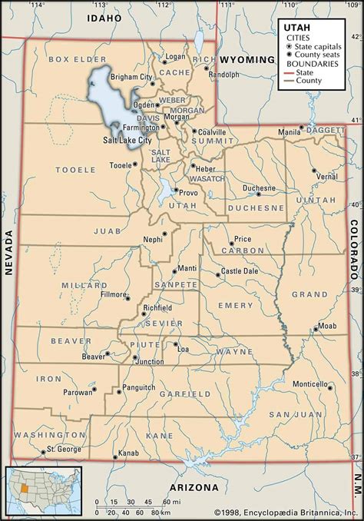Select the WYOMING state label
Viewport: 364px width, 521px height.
[247, 59]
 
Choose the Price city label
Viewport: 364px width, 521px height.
[242, 239]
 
